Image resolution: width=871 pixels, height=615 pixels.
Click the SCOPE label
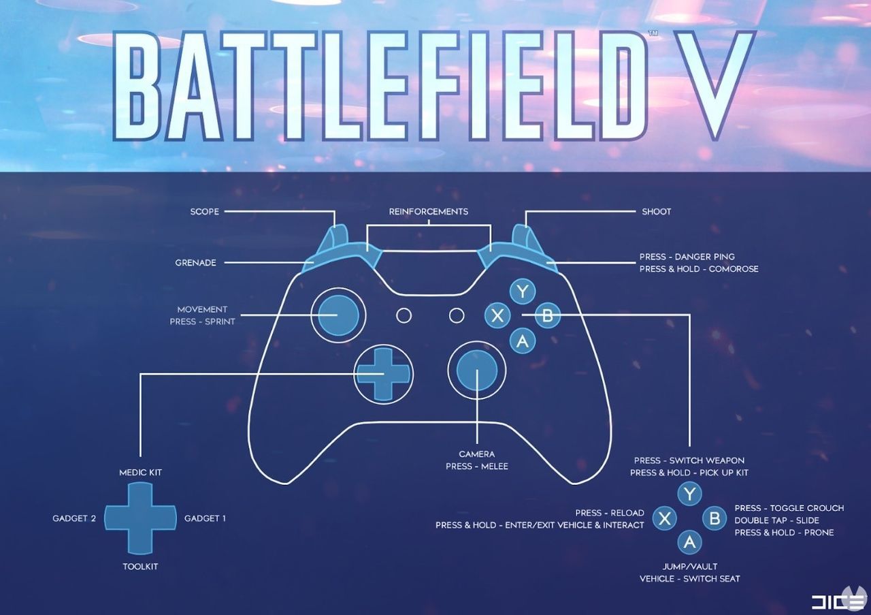pos(204,212)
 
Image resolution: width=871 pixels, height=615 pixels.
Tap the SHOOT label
pos(656,212)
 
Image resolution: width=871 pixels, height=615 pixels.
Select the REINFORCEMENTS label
pos(429,212)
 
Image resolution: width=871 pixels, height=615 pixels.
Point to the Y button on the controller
pos(522,292)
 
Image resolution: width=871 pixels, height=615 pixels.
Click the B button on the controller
pos(547,315)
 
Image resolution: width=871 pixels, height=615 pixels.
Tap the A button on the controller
pos(523,340)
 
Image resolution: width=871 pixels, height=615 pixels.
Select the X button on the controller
pos(498,315)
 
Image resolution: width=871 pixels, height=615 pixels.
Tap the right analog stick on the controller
pos(476,371)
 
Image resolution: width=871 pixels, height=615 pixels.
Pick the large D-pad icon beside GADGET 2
pos(140,518)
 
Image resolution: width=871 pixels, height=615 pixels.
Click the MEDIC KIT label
pos(140,473)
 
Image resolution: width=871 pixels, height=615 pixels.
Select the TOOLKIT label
pos(140,567)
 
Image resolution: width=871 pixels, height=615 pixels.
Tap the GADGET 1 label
pos(205,518)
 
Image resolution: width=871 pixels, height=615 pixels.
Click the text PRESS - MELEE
pos(476,467)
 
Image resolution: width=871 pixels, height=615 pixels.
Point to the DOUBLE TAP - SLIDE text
pos(776,520)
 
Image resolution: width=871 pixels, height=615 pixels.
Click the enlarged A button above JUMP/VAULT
pos(689,542)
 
